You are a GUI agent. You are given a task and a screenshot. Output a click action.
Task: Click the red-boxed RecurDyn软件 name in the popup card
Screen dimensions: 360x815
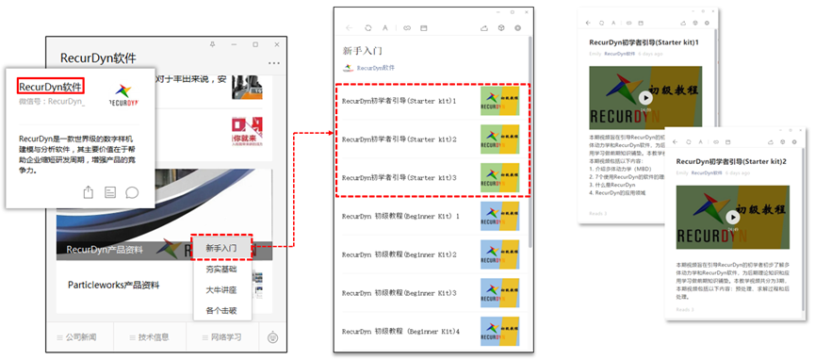click(x=51, y=86)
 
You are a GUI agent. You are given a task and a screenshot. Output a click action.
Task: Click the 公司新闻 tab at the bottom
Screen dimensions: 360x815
click(x=79, y=336)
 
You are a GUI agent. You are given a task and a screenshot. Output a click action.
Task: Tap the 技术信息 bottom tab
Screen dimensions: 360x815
click(x=148, y=336)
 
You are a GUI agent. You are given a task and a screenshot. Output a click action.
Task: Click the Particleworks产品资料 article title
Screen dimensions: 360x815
click(x=113, y=285)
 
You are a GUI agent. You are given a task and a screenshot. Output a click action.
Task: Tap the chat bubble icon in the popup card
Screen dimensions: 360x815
click(x=133, y=192)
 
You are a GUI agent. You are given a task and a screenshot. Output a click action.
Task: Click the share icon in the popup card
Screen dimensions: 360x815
click(x=89, y=192)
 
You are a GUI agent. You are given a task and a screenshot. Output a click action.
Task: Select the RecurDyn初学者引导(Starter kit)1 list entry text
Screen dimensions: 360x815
click(x=399, y=100)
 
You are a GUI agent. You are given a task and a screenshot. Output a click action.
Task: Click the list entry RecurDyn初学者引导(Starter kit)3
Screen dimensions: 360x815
click(x=399, y=177)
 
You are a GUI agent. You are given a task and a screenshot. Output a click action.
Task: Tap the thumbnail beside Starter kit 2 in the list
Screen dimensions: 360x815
click(x=499, y=139)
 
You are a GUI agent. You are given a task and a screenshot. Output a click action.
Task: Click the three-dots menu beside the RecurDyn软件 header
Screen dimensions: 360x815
click(x=274, y=63)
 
